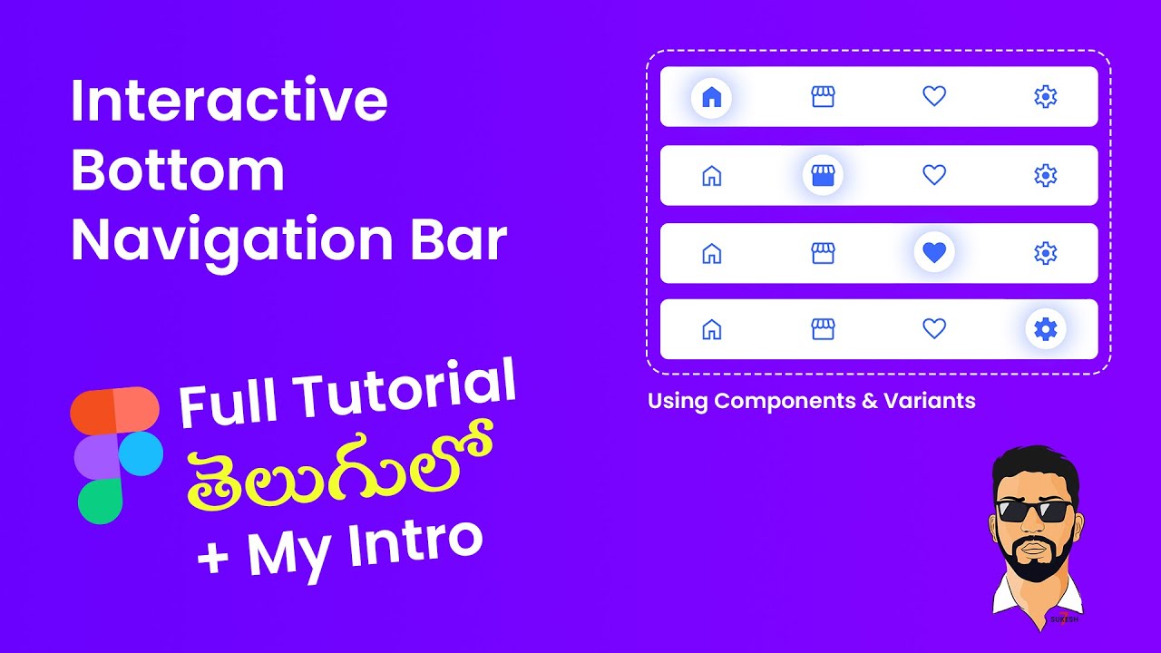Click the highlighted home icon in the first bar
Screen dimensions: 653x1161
712,96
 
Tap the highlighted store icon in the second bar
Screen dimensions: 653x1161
823,175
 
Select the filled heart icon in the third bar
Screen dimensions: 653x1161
934,253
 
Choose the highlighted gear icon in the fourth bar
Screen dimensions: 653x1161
1046,329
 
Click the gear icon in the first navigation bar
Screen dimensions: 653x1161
1046,96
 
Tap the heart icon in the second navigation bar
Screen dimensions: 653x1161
934,175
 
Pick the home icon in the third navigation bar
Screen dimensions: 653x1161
712,253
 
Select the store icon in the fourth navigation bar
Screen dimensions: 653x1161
823,329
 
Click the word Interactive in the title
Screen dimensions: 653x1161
229,101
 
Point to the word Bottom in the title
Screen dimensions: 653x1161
178,171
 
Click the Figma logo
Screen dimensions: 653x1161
116,455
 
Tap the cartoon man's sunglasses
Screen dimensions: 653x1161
1034,510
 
